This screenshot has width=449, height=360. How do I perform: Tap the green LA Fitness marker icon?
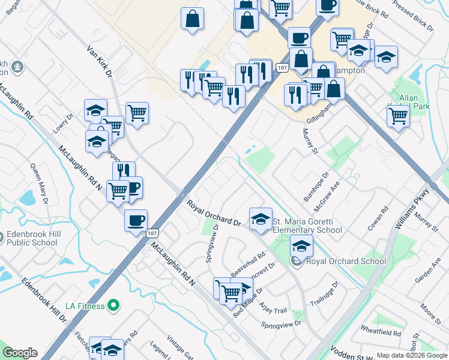tap(111, 306)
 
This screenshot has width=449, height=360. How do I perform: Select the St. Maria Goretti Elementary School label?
tap(307, 226)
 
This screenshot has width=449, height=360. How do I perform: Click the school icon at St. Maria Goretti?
tap(261, 220)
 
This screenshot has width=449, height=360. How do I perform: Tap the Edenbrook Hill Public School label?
tap(32, 239)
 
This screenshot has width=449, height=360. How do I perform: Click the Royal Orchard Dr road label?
tap(214, 214)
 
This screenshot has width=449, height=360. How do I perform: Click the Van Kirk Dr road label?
tap(99, 62)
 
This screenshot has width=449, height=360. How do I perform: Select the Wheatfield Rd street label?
tap(381, 332)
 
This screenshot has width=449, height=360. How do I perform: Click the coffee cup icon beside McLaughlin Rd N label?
tap(136, 220)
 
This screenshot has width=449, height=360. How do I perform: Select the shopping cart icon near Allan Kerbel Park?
tap(398, 117)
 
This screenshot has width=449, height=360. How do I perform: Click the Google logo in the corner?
tap(19, 353)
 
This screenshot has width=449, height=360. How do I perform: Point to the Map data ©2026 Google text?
tap(412, 355)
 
